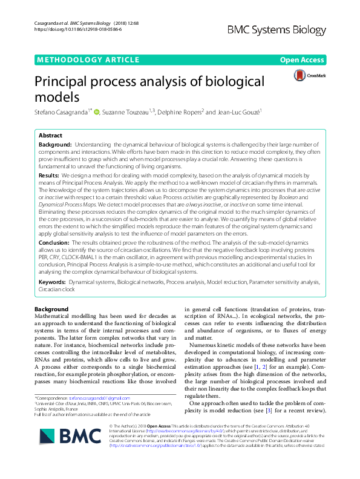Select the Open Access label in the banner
coord(306,61)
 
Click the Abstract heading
coord(51,136)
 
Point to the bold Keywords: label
coord(53,282)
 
